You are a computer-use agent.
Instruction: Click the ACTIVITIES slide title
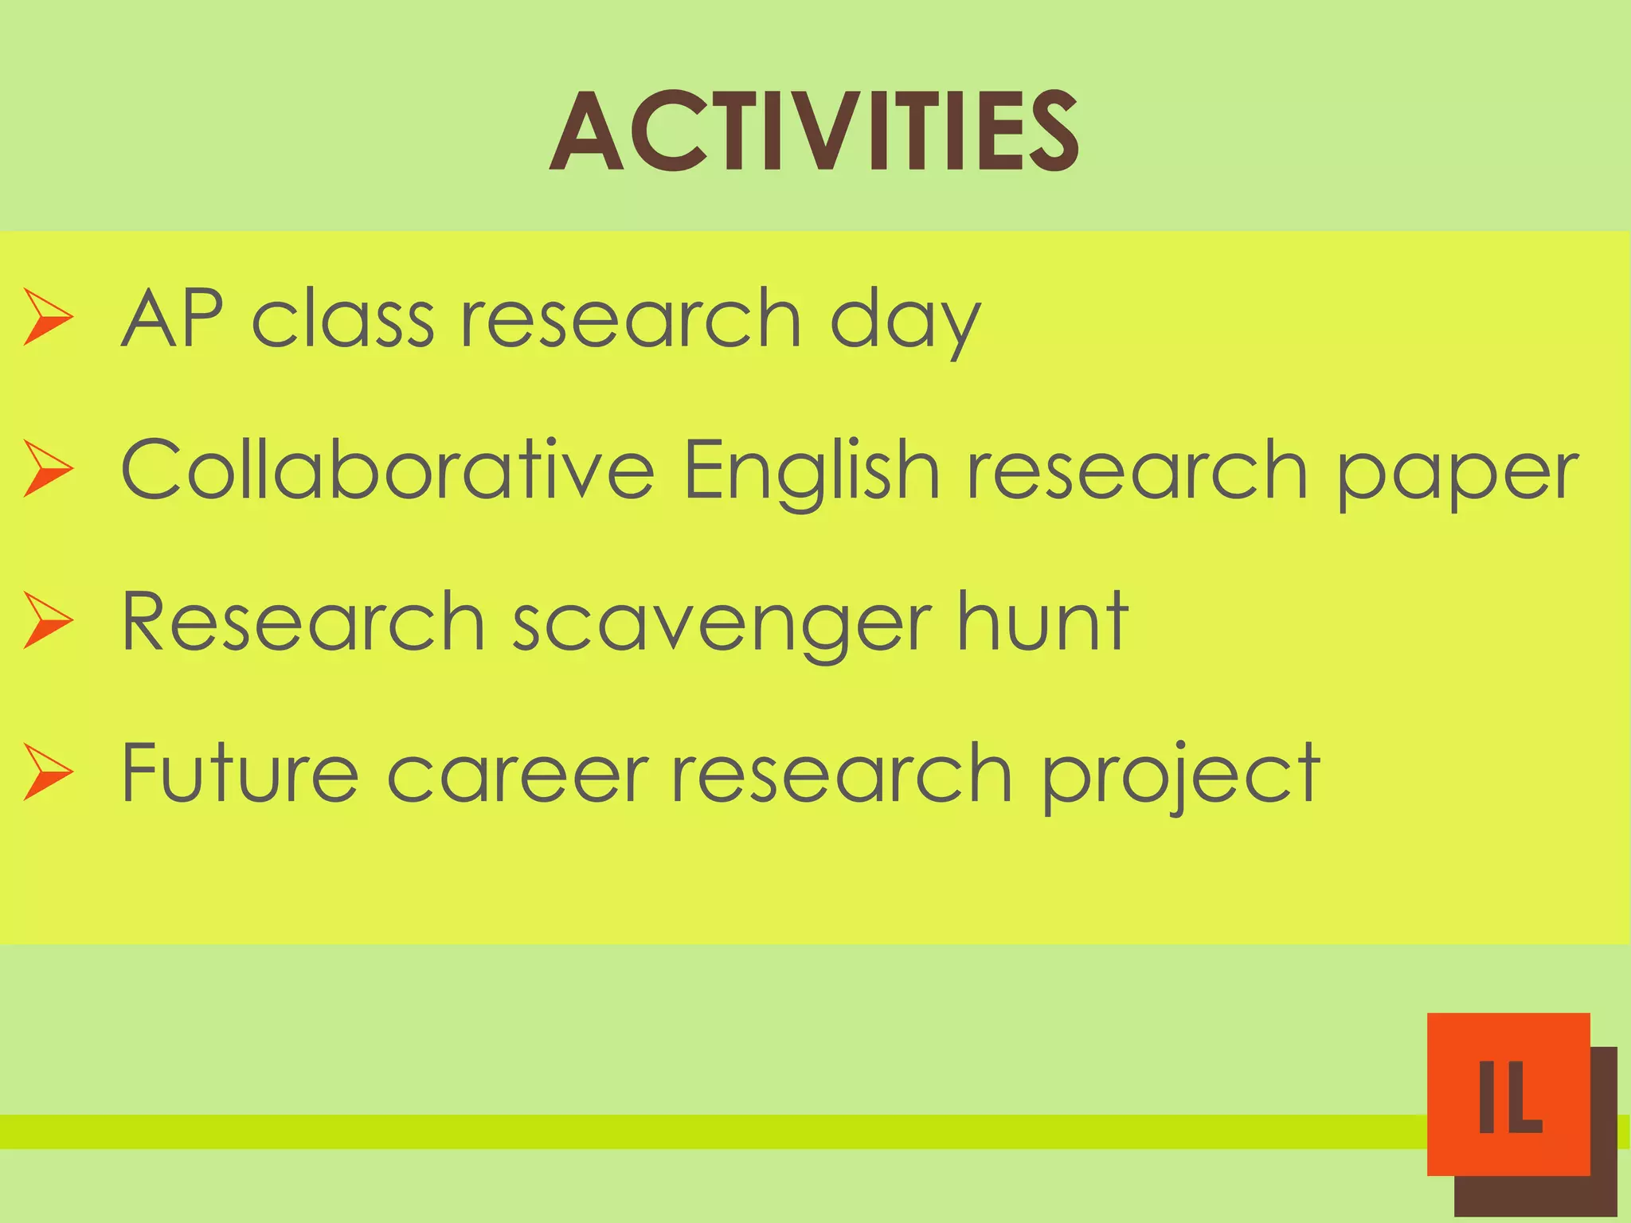coord(814,131)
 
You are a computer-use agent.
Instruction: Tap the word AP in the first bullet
coord(171,318)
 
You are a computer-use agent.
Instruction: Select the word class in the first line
coord(343,318)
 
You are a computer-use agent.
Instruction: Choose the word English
coord(811,471)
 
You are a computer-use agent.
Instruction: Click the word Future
coord(240,772)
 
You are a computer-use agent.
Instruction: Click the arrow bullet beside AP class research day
coord(48,317)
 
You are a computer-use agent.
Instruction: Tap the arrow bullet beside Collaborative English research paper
coord(48,468)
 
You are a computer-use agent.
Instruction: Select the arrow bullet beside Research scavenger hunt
coord(48,619)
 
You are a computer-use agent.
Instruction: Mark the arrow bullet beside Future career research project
coord(48,771)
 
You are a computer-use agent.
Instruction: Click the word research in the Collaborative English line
coord(1137,471)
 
